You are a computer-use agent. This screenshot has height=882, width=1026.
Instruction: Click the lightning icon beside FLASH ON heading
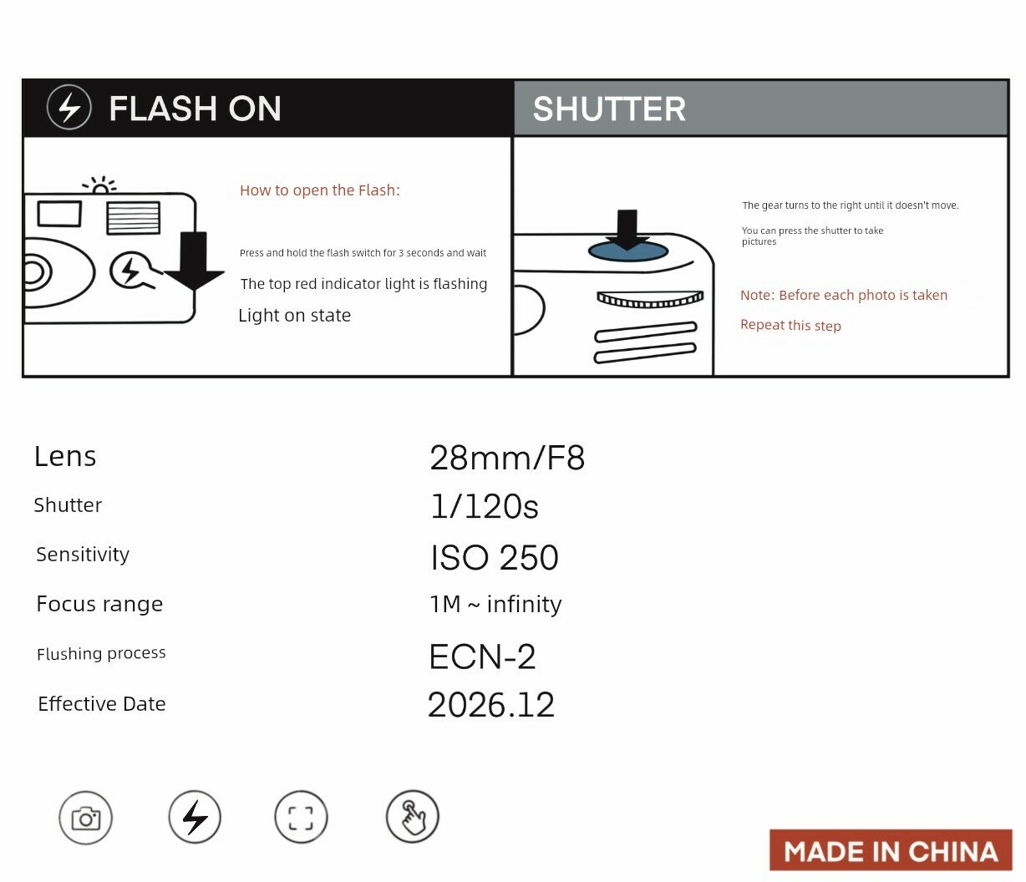[69, 108]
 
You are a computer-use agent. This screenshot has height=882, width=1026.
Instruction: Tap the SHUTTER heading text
[609, 109]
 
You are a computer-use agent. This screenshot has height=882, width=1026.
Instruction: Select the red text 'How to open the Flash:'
[320, 190]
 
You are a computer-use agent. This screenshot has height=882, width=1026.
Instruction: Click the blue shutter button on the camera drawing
[628, 251]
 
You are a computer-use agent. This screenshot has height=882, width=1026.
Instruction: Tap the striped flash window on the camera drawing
[133, 217]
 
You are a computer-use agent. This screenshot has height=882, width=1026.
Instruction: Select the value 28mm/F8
[507, 458]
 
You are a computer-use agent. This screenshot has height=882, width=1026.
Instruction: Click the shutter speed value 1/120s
[485, 506]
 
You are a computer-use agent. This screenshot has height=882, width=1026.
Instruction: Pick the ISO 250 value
[495, 557]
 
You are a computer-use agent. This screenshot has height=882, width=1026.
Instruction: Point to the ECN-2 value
[482, 657]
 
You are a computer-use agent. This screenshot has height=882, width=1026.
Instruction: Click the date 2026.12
[491, 705]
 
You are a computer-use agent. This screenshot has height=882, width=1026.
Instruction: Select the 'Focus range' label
[99, 604]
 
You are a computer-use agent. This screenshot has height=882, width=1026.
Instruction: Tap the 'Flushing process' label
[101, 653]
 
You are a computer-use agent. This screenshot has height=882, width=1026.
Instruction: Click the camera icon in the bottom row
[85, 818]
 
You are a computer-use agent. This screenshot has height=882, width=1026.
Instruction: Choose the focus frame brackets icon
[301, 818]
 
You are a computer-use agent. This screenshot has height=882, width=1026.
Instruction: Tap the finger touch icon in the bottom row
[413, 817]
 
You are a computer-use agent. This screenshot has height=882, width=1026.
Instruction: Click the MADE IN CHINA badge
[891, 851]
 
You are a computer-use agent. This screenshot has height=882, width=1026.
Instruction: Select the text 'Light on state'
[294, 316]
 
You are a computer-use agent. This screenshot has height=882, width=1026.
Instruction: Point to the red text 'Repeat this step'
[790, 326]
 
